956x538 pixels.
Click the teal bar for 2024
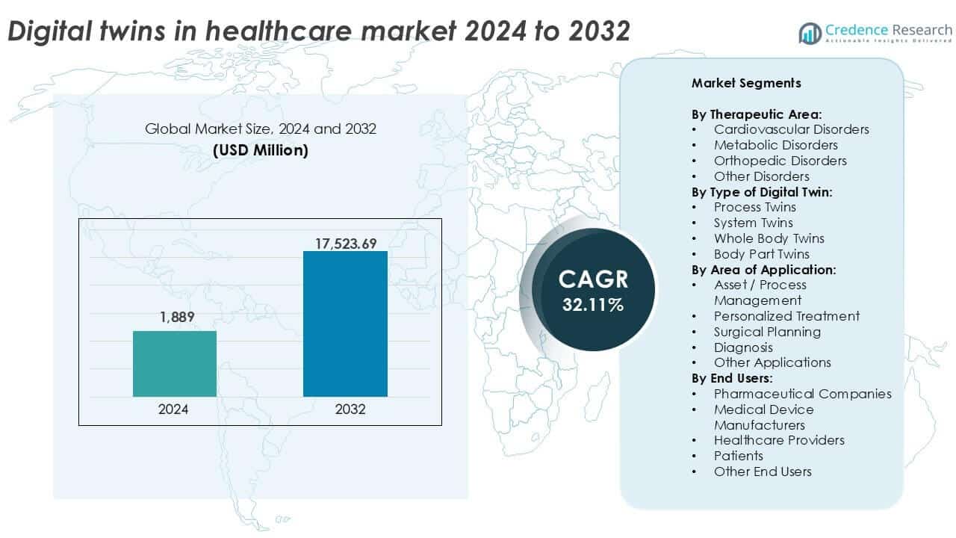coord(175,364)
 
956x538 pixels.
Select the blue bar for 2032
coord(345,324)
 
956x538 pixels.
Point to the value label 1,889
coord(176,317)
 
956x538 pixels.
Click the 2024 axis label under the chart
coord(173,409)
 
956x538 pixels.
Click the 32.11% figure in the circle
coord(593,305)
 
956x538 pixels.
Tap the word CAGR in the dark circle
coord(593,279)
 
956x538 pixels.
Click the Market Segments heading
coord(745,83)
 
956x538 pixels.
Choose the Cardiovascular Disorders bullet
coord(791,129)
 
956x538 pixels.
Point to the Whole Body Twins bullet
coord(769,238)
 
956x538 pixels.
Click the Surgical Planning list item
coord(767,332)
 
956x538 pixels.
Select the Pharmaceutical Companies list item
coord(802,394)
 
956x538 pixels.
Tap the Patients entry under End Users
coord(738,456)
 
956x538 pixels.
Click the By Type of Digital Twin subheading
coord(762,191)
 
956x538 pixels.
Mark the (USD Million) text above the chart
coord(260,150)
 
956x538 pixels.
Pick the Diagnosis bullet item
coord(743,347)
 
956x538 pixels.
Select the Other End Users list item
coord(762,471)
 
